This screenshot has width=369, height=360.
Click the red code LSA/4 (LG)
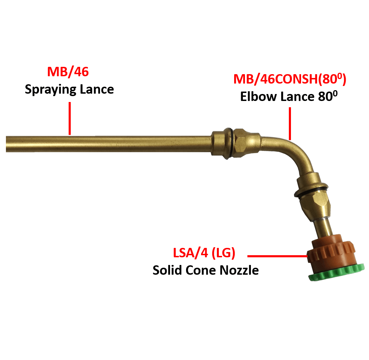(x=204, y=253)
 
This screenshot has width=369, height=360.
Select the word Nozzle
(x=241, y=270)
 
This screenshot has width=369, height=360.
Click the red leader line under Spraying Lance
(x=70, y=118)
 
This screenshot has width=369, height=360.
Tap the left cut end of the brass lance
(x=7, y=144)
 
